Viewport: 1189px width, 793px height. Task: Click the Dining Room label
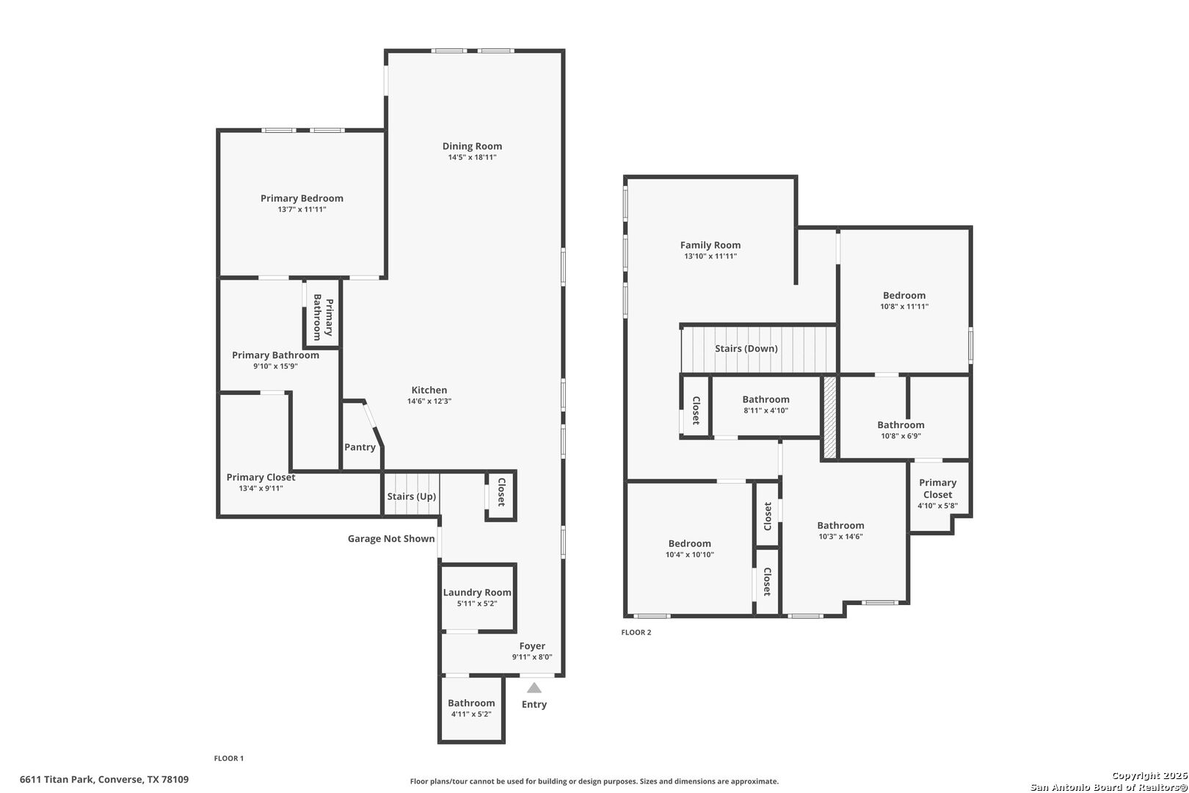(472, 146)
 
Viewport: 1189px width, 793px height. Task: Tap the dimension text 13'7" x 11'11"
(302, 209)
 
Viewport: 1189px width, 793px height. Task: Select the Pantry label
(360, 447)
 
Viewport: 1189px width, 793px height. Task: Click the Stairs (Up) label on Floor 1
(412, 496)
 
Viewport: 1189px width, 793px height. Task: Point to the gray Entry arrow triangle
(534, 688)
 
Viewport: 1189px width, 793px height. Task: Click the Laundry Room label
(477, 593)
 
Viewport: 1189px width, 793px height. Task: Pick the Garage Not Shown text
(391, 539)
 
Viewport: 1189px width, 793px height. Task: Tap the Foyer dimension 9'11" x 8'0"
(532, 657)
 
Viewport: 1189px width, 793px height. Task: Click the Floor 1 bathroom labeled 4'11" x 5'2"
(471, 708)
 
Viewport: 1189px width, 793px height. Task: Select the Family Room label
(710, 245)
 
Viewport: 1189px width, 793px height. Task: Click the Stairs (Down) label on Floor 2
(746, 349)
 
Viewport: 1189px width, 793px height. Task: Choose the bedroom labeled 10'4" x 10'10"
(689, 548)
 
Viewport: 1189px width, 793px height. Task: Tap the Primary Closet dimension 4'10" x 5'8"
(937, 505)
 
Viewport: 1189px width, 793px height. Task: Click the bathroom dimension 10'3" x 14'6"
(840, 536)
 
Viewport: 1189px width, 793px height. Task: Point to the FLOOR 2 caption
(636, 632)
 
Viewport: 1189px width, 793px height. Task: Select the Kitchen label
(429, 390)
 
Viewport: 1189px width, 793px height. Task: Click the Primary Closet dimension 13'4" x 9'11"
(261, 488)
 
